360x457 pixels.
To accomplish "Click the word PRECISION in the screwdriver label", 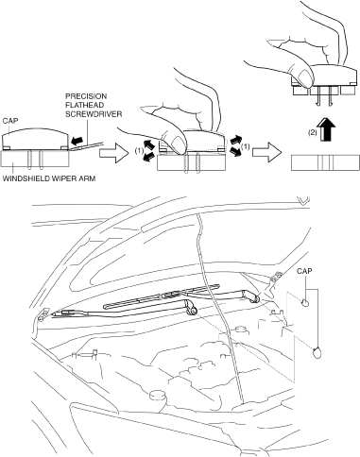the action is tap(86, 96).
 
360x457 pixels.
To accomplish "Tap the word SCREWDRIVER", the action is tap(94, 113).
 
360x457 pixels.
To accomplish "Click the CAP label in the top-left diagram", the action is tap(10, 121).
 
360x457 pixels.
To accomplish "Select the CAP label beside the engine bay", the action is tap(304, 271).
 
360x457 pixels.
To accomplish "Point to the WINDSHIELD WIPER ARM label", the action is tap(49, 178).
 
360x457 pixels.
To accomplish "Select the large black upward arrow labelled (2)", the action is tap(327, 130).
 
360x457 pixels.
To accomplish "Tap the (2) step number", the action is tap(312, 132).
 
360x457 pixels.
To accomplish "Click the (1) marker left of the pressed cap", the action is tap(139, 151).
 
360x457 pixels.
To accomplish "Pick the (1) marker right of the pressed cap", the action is tap(245, 146).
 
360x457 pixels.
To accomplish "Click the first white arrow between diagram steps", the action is tap(114, 153).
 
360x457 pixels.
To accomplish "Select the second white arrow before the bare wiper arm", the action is tap(266, 152).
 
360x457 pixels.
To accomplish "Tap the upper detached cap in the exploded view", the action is tap(305, 303).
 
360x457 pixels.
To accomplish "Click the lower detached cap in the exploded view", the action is tap(317, 353).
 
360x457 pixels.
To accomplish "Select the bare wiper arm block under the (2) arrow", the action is tap(325, 162).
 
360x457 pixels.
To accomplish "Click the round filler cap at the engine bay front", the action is tap(158, 395).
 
